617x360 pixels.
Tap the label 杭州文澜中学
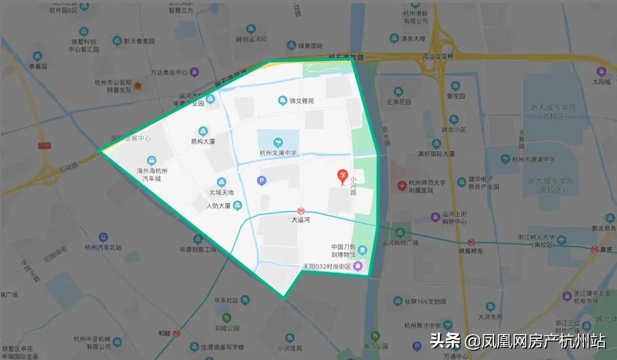pos(277,153)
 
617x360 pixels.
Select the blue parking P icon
pos(262,181)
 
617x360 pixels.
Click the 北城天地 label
pos(221,193)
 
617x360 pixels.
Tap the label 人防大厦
pos(218,206)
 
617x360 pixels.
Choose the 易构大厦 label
pos(203,141)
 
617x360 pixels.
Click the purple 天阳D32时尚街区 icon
pos(358,266)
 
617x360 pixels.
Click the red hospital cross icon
pos(402,186)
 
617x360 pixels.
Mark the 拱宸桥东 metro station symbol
pos(472,242)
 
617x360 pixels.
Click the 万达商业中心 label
pos(169,73)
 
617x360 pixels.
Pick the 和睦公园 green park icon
pos(227,318)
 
